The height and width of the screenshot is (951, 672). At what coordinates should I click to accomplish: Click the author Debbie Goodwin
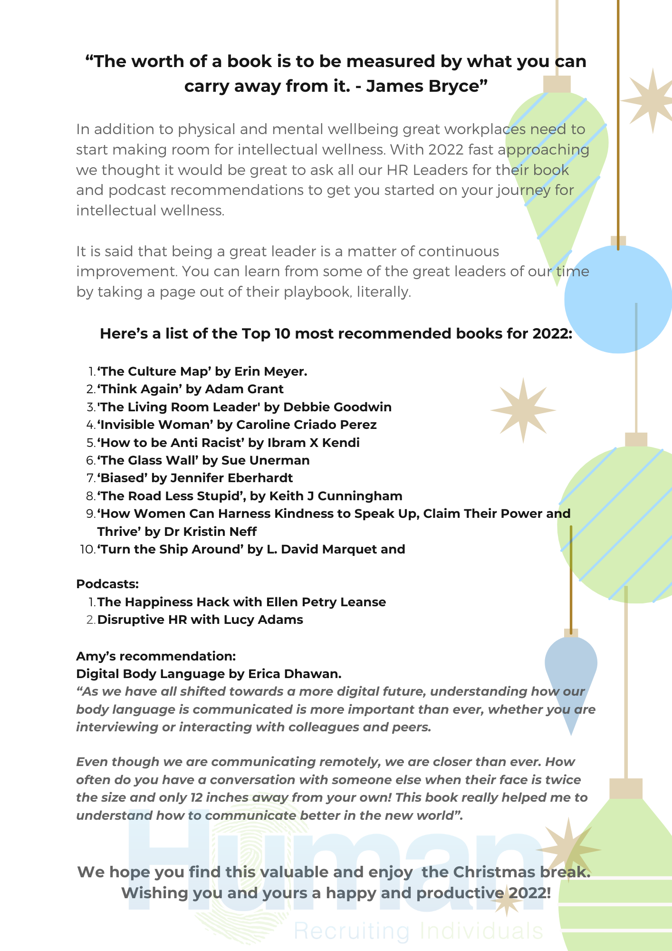pos(337,407)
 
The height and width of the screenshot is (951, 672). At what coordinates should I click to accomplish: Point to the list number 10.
pos(87,550)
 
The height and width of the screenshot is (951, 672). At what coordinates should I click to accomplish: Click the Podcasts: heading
pos(107,584)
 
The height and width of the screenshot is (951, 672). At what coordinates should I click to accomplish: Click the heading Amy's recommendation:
pos(156,656)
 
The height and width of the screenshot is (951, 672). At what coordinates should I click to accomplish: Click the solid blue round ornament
pos(618,300)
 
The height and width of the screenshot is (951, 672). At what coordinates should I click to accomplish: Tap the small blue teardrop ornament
pos(571,675)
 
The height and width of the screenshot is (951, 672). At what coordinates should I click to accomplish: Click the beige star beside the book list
pos(523,410)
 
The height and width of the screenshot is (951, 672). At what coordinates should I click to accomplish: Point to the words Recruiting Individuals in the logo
pos(418,931)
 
